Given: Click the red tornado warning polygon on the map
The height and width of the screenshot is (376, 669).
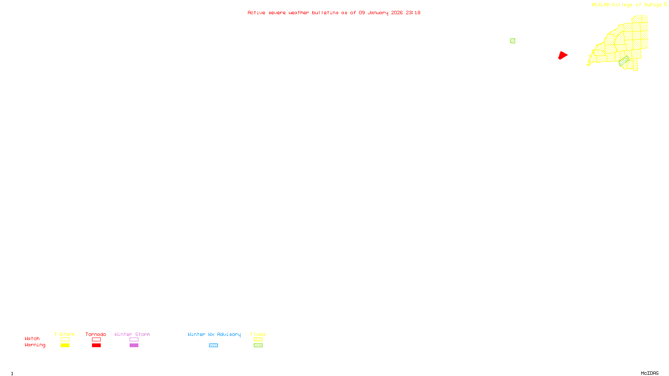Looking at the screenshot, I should [x=563, y=55].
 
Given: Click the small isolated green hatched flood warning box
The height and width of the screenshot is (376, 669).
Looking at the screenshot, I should [x=513, y=41].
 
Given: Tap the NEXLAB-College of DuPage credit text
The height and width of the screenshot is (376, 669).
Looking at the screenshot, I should [x=626, y=5].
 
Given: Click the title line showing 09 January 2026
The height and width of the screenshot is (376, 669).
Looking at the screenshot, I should [x=334, y=13].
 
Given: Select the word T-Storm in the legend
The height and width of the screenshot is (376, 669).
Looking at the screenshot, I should [x=64, y=334].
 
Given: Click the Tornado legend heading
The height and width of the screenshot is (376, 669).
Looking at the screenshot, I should [x=96, y=334].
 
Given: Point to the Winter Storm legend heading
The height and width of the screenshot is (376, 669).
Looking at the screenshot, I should [x=132, y=334].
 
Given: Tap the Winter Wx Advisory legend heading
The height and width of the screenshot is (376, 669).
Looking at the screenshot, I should [x=214, y=334].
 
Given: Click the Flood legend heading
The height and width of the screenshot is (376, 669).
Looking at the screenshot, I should [x=258, y=334].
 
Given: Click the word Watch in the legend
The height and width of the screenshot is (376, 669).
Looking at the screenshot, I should [x=32, y=338].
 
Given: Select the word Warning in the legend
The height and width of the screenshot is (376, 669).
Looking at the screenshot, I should [x=35, y=345].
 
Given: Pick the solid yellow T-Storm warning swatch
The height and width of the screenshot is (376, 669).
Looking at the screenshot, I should [x=65, y=346].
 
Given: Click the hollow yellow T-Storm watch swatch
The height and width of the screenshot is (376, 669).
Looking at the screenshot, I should [x=65, y=340].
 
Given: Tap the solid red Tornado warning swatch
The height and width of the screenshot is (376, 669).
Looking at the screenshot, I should [x=97, y=346].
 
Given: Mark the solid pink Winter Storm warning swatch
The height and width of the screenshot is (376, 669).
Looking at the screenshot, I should [x=134, y=346].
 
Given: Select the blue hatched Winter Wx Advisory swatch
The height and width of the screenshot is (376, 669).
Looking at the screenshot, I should [x=213, y=346].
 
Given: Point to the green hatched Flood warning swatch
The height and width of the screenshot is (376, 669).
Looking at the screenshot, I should [x=258, y=346].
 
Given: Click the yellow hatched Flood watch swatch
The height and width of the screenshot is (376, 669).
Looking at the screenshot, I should [x=258, y=340].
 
